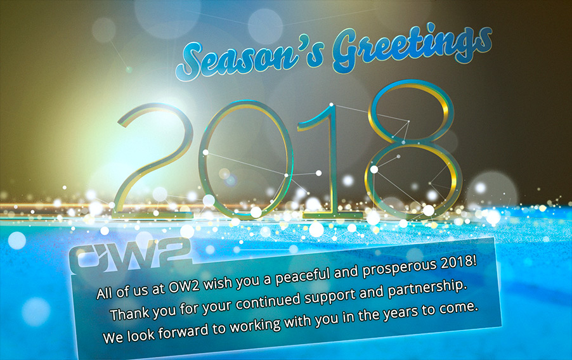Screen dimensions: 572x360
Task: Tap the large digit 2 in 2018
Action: coord(154,161)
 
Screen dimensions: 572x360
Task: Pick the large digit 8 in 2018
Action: coord(413,150)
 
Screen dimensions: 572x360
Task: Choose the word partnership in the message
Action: coord(427,290)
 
